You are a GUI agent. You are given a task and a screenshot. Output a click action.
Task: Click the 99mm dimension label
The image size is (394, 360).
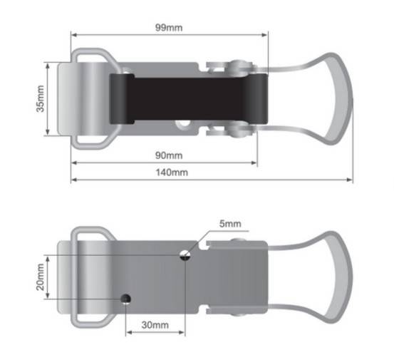(x=169, y=27)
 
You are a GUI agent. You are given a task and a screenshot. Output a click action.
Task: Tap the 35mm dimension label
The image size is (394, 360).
(x=40, y=98)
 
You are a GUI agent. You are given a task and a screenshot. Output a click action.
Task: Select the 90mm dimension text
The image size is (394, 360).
(x=169, y=155)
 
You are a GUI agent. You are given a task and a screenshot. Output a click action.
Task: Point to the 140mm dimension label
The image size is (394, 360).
(x=172, y=173)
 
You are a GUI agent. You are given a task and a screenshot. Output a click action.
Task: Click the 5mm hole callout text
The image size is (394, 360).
(x=230, y=224)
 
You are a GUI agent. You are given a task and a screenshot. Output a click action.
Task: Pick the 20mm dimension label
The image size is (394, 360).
(x=40, y=277)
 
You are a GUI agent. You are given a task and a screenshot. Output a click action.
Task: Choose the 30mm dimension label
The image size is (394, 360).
(x=155, y=325)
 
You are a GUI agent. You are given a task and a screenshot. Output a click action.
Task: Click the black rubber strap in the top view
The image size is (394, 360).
(x=189, y=99)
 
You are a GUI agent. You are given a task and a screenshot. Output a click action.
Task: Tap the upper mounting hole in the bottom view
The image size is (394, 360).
(x=185, y=255)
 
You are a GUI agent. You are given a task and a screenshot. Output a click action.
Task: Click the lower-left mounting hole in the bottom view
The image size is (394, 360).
(x=125, y=299)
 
